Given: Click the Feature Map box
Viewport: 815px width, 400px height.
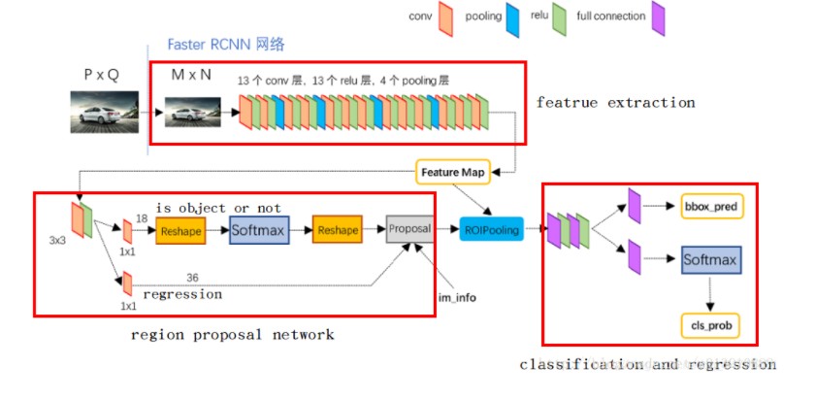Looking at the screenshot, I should coord(452,172).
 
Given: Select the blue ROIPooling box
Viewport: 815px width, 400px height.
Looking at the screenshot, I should coord(492,230).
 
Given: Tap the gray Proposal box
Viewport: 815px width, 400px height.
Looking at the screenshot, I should coord(409,229).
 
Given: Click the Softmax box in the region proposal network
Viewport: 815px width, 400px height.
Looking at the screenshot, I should coord(259,230).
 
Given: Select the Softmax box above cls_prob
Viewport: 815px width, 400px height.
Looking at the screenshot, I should coord(711,260).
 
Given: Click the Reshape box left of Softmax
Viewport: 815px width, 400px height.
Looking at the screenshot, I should coord(180,231).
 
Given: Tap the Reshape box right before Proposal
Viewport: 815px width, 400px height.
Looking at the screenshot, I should coord(337,231).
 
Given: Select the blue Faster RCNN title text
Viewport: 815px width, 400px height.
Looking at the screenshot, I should coord(226,45).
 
